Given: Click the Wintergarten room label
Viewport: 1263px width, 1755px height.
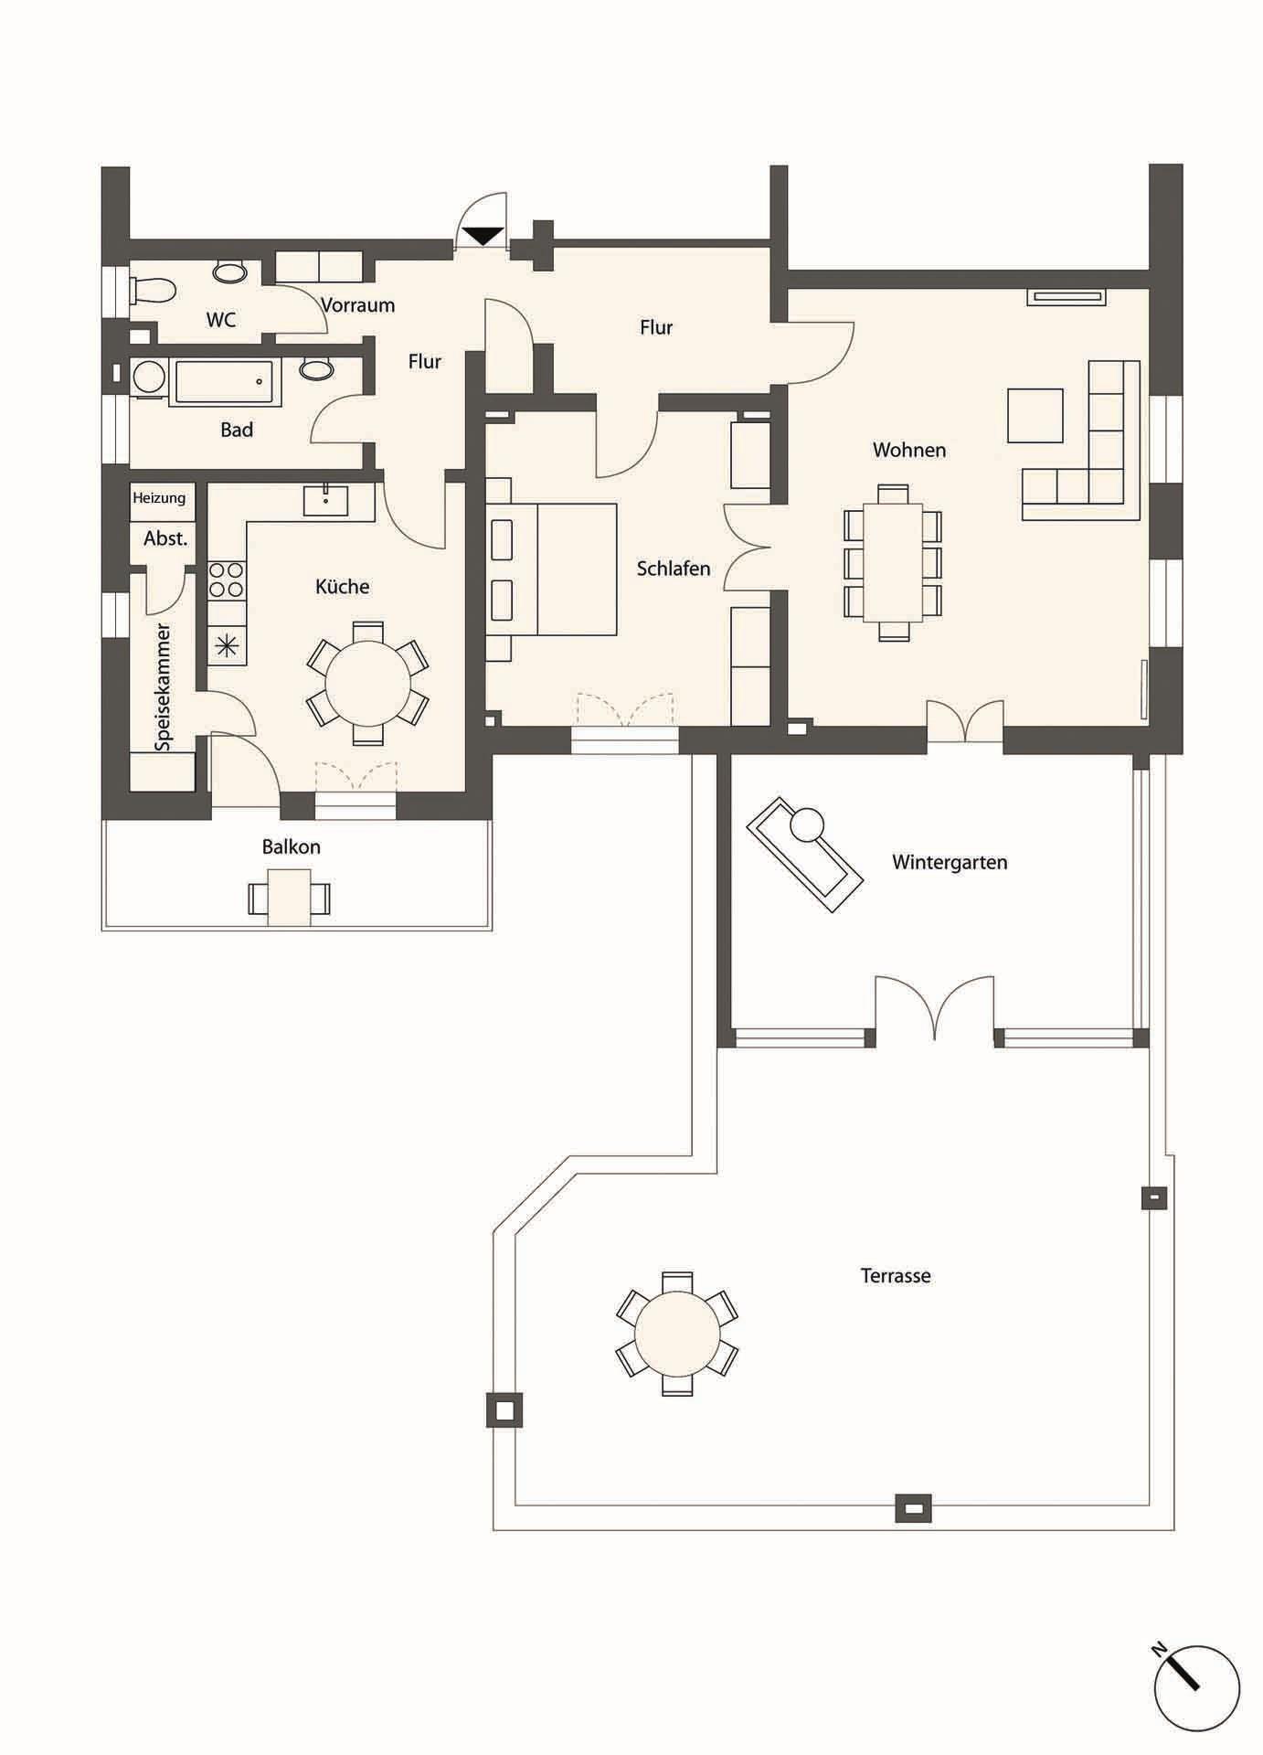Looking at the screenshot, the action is click(x=950, y=862).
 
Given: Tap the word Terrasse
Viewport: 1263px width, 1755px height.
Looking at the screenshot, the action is click(x=896, y=1275).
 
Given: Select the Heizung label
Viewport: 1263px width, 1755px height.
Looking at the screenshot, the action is click(x=159, y=498).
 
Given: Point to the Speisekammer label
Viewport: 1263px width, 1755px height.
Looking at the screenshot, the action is click(x=163, y=687).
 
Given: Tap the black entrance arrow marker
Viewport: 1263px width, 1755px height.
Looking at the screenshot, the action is click(x=483, y=236).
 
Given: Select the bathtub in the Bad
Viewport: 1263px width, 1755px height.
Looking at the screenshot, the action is click(x=228, y=383).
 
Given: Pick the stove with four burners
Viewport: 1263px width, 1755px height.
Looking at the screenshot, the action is click(x=227, y=579).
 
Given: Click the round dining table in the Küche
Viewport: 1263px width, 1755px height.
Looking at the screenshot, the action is click(x=368, y=683).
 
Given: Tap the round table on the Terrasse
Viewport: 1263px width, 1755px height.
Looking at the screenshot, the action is click(x=677, y=1333).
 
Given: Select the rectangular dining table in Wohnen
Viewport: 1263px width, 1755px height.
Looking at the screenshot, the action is click(x=893, y=562).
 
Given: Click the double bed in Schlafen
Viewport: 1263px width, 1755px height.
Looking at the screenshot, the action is click(x=551, y=569).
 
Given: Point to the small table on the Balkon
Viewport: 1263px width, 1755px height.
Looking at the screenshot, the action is click(x=289, y=898).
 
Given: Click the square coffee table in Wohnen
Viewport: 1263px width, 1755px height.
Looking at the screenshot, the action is click(x=1035, y=416).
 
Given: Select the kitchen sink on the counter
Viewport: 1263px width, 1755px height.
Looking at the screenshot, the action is click(x=325, y=501).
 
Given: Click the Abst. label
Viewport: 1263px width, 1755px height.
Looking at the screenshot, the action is click(x=165, y=539).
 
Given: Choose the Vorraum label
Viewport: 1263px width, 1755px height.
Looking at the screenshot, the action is click(x=357, y=305).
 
